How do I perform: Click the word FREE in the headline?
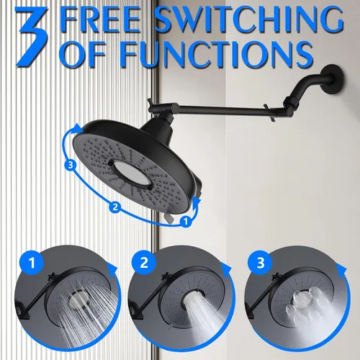(x=101, y=19)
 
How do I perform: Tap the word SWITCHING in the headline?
(x=249, y=19)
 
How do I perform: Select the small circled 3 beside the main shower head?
(x=71, y=165)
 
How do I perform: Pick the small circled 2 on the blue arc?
(x=115, y=207)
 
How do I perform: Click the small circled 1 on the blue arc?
(x=186, y=222)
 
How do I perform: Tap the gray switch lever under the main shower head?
(x=169, y=217)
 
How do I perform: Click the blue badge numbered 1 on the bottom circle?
(x=32, y=263)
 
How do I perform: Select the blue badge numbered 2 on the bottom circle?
(x=144, y=263)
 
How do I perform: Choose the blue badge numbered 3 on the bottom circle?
(x=261, y=263)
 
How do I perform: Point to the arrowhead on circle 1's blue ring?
(x=112, y=270)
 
